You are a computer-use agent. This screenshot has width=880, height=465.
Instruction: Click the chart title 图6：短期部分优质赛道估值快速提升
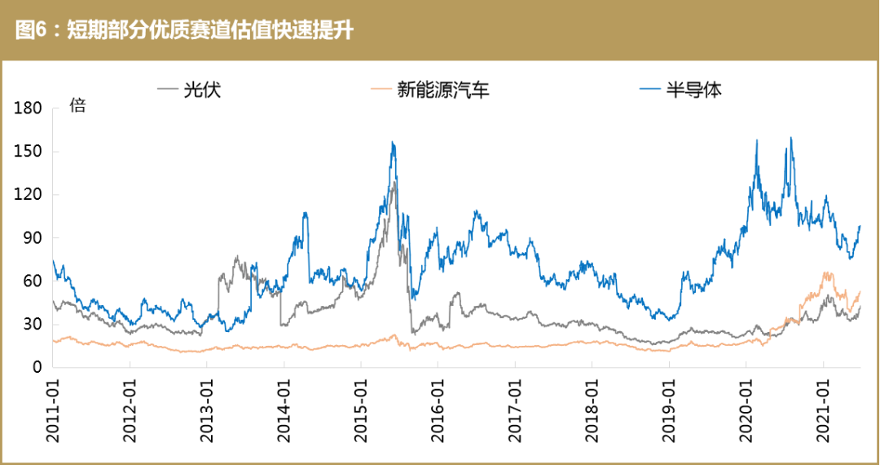[x=184, y=31]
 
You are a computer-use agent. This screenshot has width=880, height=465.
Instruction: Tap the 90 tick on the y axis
[x=33, y=238]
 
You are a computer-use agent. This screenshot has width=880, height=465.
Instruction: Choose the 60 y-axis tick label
[x=33, y=281]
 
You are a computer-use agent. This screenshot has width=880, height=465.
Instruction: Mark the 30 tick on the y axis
[x=33, y=325]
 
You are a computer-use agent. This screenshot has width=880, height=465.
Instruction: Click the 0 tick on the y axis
[x=37, y=368]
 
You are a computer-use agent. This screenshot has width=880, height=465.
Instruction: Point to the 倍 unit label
[x=77, y=105]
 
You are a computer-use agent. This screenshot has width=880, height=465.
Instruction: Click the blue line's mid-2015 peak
[x=393, y=143]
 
